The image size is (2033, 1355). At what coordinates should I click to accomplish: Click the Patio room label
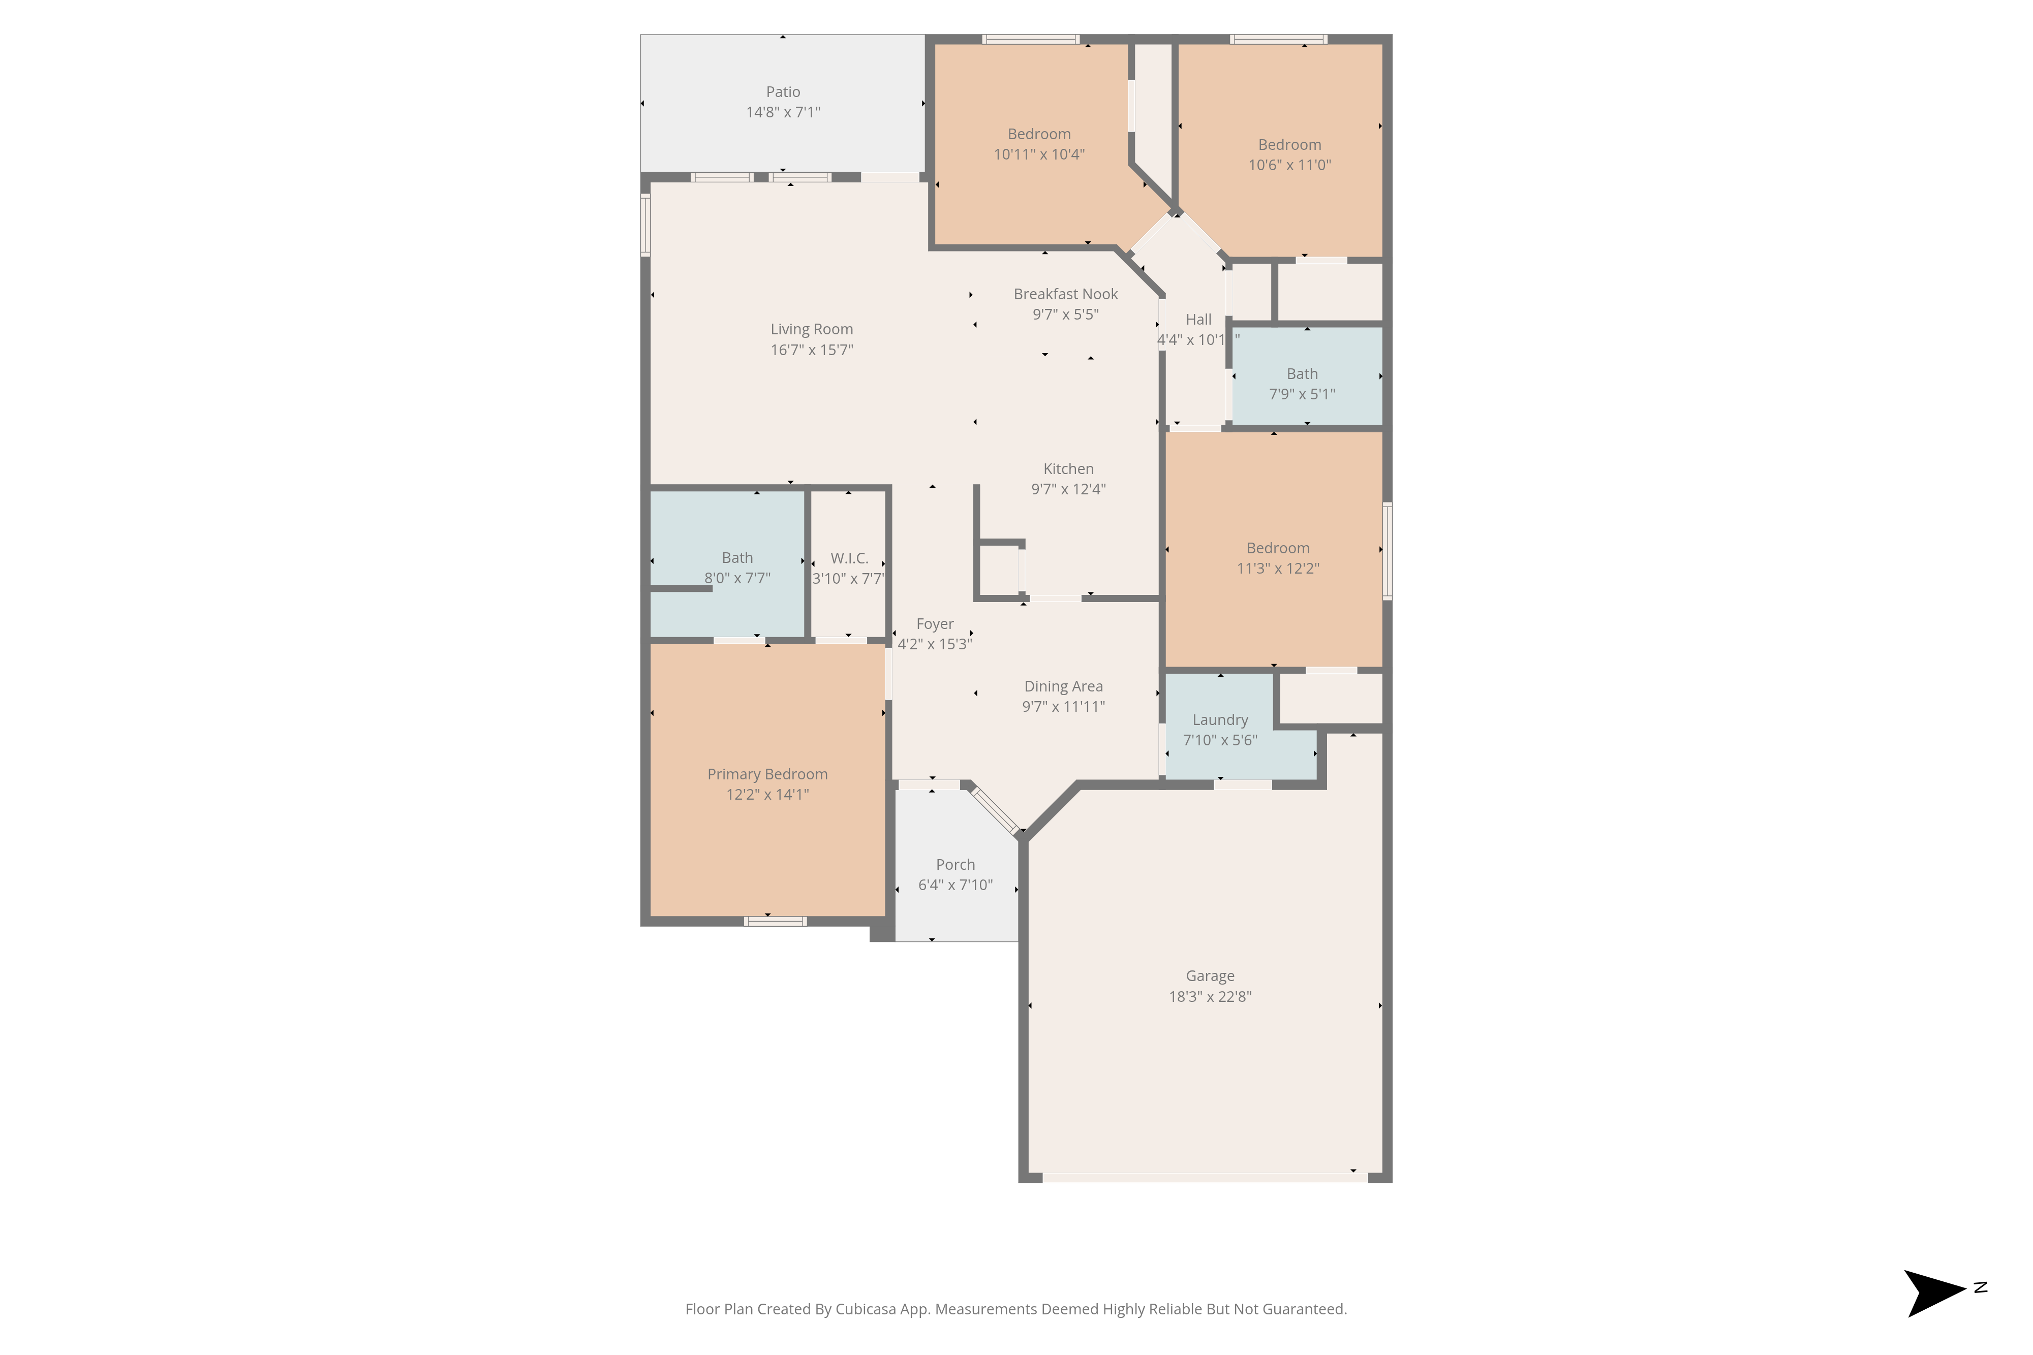(783, 91)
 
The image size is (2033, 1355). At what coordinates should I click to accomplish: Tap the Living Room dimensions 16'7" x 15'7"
(812, 350)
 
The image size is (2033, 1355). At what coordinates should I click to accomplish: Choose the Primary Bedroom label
(767, 774)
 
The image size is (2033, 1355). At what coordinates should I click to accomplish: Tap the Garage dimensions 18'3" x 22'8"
(1210, 996)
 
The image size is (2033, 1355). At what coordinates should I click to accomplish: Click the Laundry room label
(1220, 720)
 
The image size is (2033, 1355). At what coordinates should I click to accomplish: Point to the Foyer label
(935, 624)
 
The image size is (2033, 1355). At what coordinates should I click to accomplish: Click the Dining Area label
(1063, 686)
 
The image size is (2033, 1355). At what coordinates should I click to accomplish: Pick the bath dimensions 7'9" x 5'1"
(1302, 394)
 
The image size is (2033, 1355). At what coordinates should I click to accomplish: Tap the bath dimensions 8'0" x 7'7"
(737, 578)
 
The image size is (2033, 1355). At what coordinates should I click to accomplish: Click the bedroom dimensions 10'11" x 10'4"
(1039, 154)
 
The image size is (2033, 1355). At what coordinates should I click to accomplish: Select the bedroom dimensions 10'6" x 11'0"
(1289, 165)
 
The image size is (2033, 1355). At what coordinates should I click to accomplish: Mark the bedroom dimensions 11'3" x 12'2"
(1278, 569)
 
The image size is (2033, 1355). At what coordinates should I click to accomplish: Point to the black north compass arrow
(1933, 1294)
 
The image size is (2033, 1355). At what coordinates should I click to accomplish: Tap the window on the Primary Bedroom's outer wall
(776, 921)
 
